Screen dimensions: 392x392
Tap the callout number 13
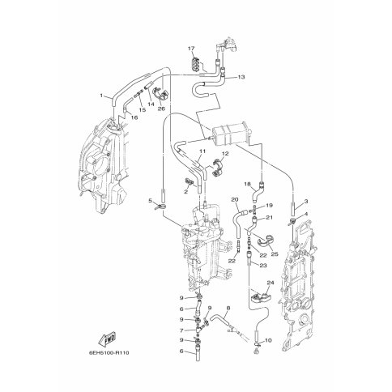click(241, 77)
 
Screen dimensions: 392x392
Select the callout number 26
click(161, 109)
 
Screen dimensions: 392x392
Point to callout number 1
click(101, 96)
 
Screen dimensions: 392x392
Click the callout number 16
click(134, 117)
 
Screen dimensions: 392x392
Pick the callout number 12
click(225, 154)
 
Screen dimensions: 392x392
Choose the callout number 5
click(151, 201)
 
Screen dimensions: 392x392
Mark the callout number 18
click(248, 184)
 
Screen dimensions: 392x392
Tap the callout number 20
click(235, 199)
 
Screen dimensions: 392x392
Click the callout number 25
click(275, 254)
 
